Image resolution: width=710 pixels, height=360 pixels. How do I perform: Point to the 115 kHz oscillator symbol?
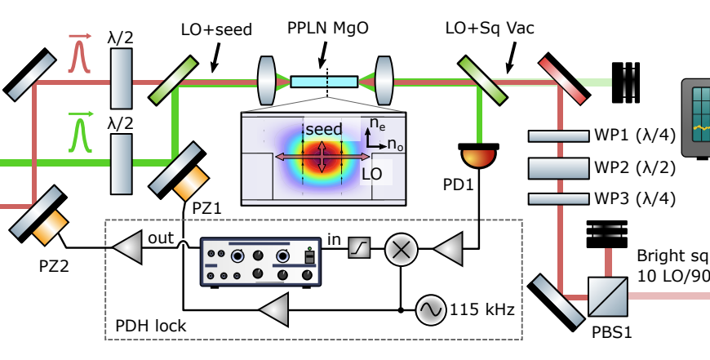(x=431, y=310)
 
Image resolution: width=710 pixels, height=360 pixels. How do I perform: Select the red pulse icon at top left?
(x=78, y=56)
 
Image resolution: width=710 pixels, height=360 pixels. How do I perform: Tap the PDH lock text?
(x=153, y=327)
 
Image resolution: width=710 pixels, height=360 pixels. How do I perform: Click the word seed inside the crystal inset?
(x=324, y=130)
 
